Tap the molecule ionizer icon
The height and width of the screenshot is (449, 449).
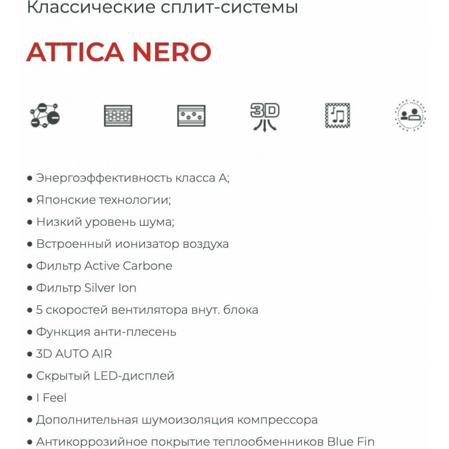(x=45, y=114)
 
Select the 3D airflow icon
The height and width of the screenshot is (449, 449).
(x=265, y=116)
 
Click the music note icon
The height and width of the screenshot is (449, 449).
(x=338, y=115)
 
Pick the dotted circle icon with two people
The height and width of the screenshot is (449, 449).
(x=411, y=115)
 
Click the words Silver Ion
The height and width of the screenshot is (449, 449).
(x=110, y=288)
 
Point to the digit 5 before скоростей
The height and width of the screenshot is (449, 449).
(x=40, y=310)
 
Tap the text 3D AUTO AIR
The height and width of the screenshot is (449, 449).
(x=74, y=354)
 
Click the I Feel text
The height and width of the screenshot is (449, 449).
(x=51, y=398)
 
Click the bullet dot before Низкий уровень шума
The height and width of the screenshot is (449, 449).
(x=30, y=222)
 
